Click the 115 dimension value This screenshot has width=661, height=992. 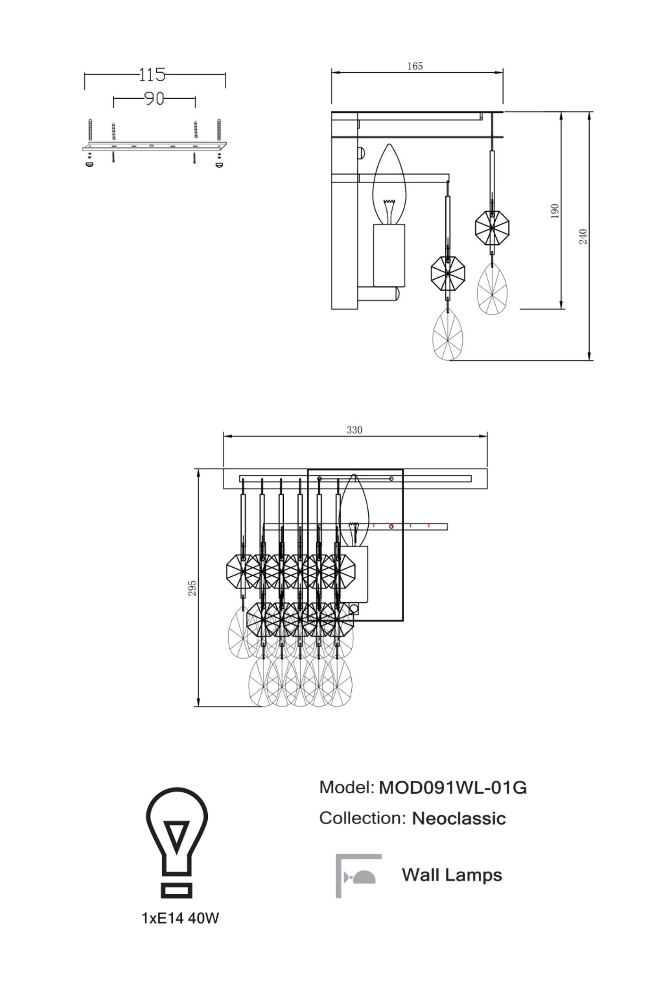coord(152,75)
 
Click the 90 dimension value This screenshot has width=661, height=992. coord(154,99)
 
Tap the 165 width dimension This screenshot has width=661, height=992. coord(415,66)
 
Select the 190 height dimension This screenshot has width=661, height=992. coord(555,211)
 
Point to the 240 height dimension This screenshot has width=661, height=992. coord(583,236)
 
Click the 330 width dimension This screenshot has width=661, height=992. coord(355,430)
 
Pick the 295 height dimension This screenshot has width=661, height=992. coord(192,588)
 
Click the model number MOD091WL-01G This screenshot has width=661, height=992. coord(453,787)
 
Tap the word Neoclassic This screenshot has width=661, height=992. coord(459,818)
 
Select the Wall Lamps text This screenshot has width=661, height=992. coord(452,875)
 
